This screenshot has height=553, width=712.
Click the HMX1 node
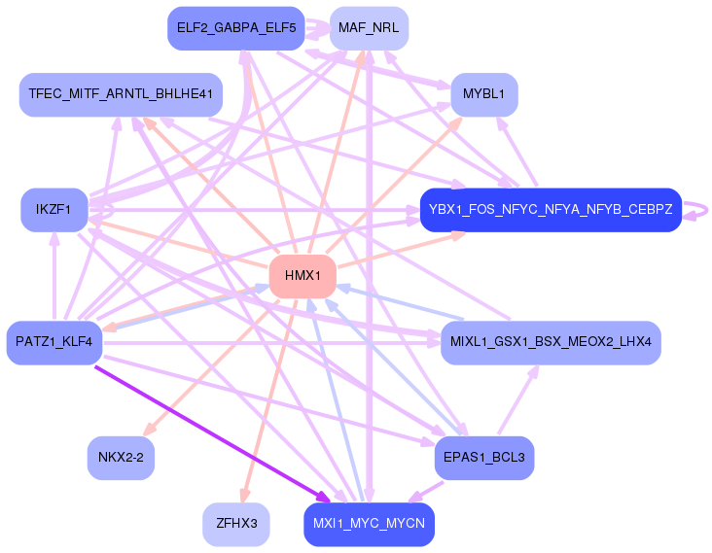pyautogui.click(x=303, y=276)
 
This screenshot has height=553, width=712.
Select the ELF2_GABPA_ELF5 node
pyautogui.click(x=236, y=28)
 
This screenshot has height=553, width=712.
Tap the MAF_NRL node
pyautogui.click(x=369, y=28)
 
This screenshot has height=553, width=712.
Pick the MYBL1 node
pyautogui.click(x=484, y=94)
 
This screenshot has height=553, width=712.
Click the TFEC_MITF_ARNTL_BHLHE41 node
pyautogui.click(x=121, y=94)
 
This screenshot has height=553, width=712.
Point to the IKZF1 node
pyautogui.click(x=54, y=210)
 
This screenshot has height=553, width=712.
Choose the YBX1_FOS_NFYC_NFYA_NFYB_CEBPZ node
pyautogui.click(x=551, y=210)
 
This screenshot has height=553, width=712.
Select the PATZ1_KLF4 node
pyautogui.click(x=54, y=342)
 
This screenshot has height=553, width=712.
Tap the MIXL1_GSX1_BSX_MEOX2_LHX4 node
pyautogui.click(x=551, y=342)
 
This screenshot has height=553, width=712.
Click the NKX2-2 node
pyautogui.click(x=121, y=458)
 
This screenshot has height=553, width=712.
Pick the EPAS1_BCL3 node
pyautogui.click(x=484, y=458)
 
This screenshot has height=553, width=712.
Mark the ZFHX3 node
pyautogui.click(x=236, y=524)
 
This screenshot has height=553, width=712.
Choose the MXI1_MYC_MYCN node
pyautogui.click(x=369, y=524)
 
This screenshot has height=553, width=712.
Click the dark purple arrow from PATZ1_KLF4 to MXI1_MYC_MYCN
pyautogui.click(x=212, y=434)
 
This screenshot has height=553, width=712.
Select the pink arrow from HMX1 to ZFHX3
pyautogui.click(x=270, y=400)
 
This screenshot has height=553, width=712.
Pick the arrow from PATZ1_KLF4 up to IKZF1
pyautogui.click(x=54, y=276)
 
